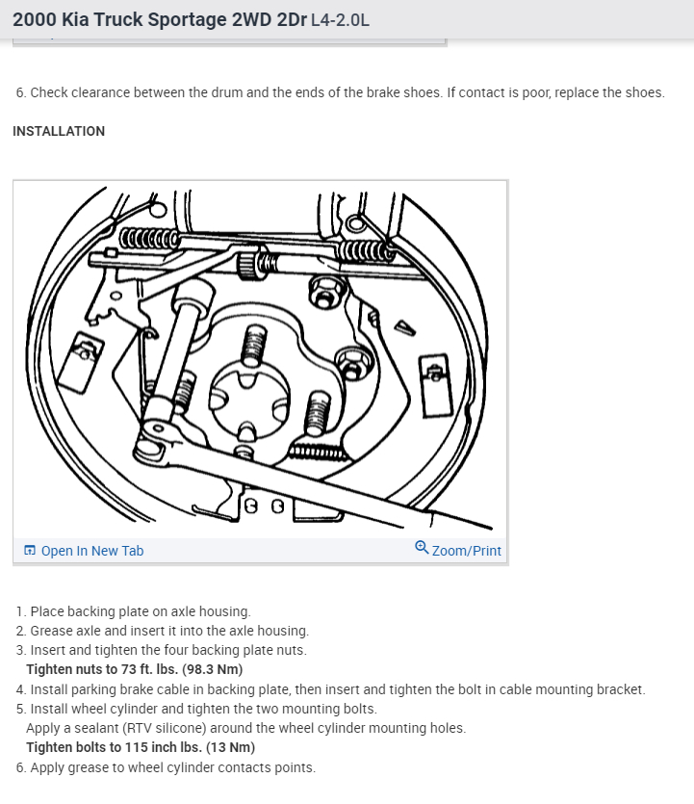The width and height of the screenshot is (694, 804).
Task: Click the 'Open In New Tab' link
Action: click(91, 551)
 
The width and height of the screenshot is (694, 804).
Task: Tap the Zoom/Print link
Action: click(466, 551)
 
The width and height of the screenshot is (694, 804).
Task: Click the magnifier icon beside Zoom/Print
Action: click(422, 548)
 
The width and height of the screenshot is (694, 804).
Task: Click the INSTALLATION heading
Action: click(59, 131)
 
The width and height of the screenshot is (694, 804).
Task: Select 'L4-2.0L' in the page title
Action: click(340, 20)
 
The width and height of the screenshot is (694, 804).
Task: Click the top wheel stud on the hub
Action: click(253, 345)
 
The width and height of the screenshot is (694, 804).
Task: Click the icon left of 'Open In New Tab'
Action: click(30, 551)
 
